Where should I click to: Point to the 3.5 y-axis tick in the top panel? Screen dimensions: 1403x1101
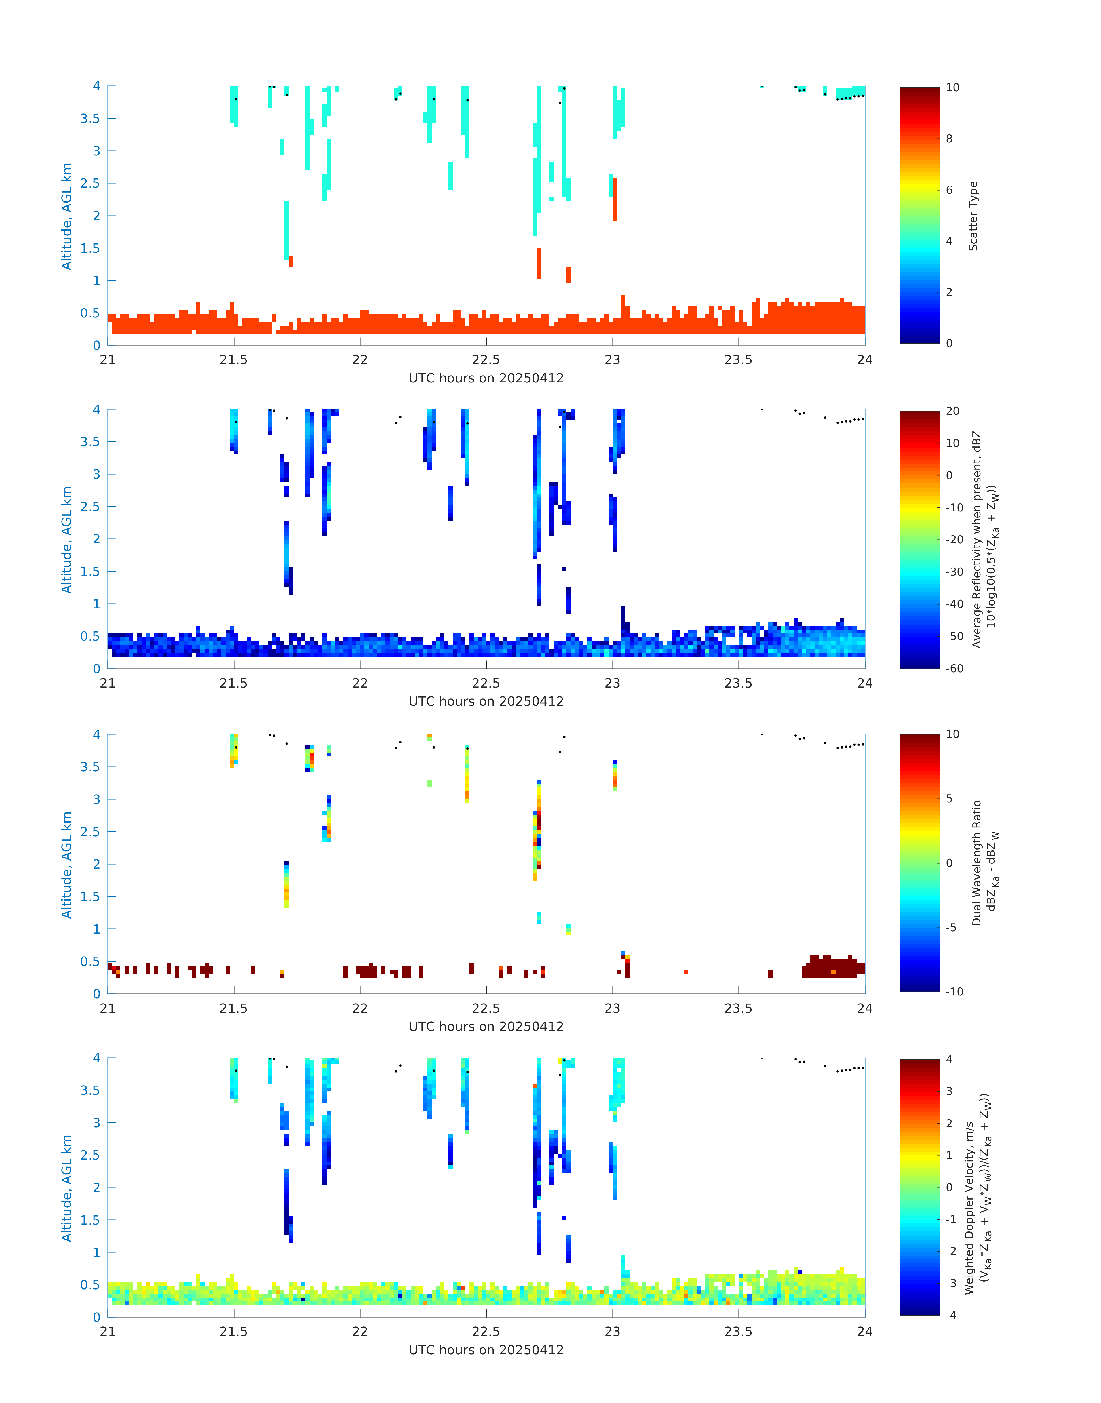pyautogui.click(x=90, y=119)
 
